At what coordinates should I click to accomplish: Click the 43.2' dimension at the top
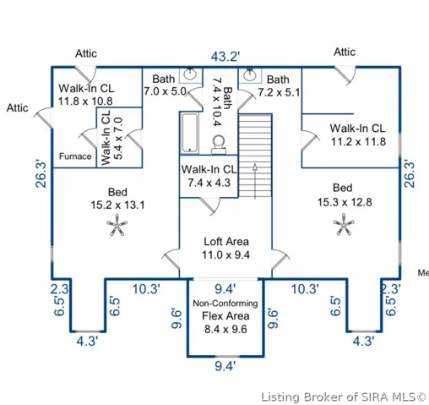(x=225, y=57)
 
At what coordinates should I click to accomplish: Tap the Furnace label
(x=75, y=156)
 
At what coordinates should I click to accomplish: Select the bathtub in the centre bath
(x=190, y=133)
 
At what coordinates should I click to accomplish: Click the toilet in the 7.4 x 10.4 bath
(x=219, y=145)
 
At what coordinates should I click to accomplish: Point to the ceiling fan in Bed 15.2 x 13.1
(x=117, y=225)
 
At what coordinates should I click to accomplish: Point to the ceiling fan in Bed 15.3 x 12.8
(x=344, y=224)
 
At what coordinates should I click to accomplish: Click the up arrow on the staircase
(x=255, y=181)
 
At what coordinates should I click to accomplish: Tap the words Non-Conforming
(x=225, y=304)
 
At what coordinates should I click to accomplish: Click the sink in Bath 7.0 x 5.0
(x=190, y=74)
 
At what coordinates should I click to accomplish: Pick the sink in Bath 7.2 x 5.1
(x=250, y=74)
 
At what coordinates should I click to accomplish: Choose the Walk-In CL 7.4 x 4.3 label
(x=209, y=176)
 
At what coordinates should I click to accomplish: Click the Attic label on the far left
(x=18, y=107)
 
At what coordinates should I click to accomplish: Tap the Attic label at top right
(x=345, y=52)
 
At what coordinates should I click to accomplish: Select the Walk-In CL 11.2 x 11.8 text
(x=358, y=135)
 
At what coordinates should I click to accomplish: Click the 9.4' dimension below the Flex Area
(x=225, y=366)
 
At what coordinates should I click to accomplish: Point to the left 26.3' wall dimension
(x=41, y=174)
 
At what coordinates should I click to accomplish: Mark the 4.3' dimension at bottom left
(x=87, y=342)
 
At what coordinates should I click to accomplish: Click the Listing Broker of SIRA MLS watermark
(x=344, y=397)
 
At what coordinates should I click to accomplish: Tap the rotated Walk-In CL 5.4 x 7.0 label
(x=111, y=138)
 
